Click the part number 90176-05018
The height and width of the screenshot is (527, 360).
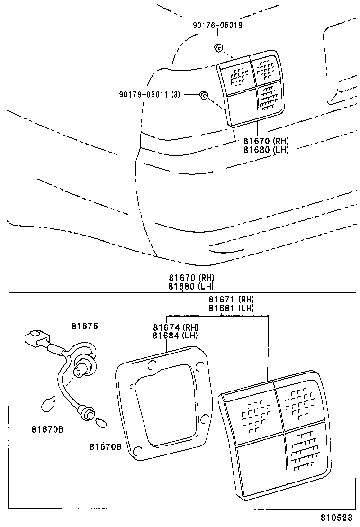coord(217,25)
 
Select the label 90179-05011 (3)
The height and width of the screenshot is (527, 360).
coord(150,95)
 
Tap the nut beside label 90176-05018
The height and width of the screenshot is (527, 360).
coord(218,47)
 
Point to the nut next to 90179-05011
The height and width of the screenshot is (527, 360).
coord(204,95)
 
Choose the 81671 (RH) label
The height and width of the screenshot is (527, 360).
coord(231,300)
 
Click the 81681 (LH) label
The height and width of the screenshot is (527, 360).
coord(231,308)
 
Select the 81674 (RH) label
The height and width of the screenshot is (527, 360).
coord(175,327)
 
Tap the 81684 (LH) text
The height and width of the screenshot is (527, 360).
coord(175,336)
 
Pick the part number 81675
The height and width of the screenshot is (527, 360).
coord(85,326)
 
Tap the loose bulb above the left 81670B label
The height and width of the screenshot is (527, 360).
coord(48,405)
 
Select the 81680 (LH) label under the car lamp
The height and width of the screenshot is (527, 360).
coord(266,149)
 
